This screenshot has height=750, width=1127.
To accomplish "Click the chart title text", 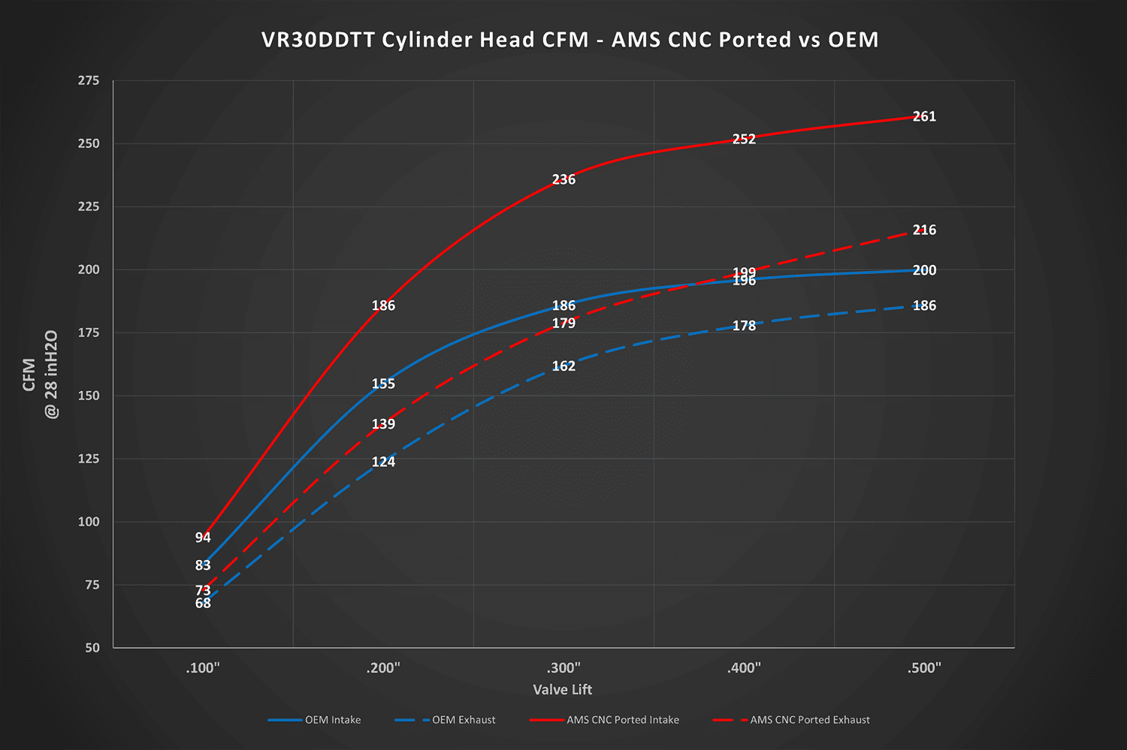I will point(570,40).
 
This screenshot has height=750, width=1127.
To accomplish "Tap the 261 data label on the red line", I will point(924,116).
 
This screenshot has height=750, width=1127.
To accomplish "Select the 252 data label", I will point(744,139).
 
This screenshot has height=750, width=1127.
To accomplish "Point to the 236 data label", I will point(563,179).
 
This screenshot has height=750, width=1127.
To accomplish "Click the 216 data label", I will point(924,230).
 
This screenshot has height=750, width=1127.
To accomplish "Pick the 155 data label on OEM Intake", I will point(383,384).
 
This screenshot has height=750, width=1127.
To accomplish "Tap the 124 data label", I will point(383,462).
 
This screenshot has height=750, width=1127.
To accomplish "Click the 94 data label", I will point(203,538).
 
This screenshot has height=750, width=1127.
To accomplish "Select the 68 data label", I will point(203,604).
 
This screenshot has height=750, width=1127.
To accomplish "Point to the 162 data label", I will point(563,366).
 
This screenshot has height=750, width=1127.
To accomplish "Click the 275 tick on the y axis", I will point(89,80).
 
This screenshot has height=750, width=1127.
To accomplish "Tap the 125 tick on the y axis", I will point(89,459).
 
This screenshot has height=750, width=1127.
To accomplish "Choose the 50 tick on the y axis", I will point(92,648).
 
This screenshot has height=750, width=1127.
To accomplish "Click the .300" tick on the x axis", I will point(563,668).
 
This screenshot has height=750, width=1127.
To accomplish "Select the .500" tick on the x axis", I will point(924,668).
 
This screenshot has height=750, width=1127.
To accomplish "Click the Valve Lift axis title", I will point(563,690).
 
